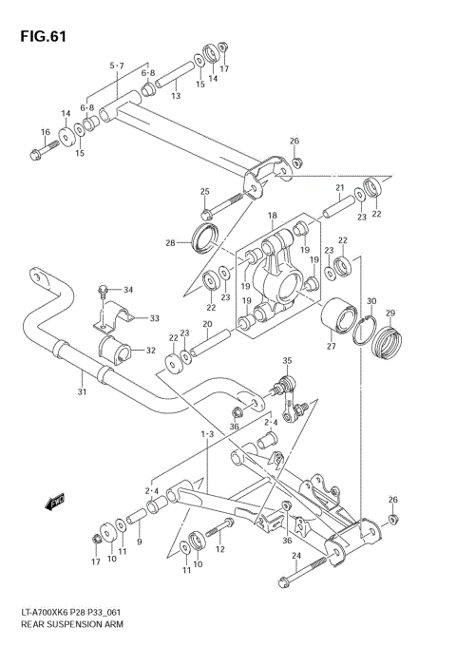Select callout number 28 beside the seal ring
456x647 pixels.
coord(170,243)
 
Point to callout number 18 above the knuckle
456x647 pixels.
coord(272,216)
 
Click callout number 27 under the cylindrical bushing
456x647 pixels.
coord(332,347)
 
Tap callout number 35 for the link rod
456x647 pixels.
coord(287,361)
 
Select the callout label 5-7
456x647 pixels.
coord(117,65)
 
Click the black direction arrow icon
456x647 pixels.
coord(56,500)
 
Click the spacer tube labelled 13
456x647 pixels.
coord(176,77)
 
